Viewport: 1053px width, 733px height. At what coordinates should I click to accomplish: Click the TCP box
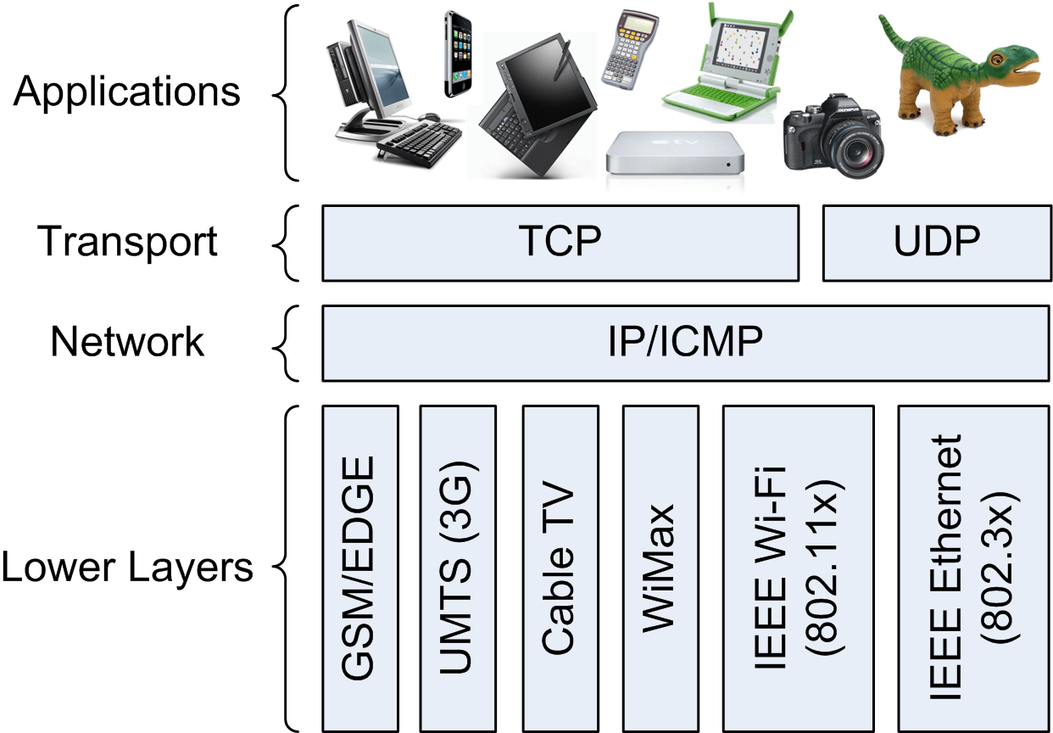click(x=560, y=243)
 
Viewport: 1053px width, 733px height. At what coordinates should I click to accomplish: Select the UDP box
click(x=937, y=243)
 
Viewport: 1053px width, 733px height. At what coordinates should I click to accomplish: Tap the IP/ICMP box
click(x=685, y=343)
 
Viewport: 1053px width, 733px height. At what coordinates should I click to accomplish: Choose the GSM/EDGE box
click(x=360, y=568)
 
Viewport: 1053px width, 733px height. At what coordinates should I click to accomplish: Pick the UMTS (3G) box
click(x=458, y=568)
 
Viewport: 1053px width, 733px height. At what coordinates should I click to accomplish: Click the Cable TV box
click(x=560, y=568)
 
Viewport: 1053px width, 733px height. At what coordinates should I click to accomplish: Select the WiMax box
click(x=660, y=568)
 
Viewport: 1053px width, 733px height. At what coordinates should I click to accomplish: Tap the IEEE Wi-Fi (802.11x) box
click(x=798, y=568)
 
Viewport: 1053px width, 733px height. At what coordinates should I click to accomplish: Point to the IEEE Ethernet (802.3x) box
click(x=973, y=568)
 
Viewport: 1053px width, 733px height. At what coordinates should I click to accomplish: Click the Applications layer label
click(x=127, y=92)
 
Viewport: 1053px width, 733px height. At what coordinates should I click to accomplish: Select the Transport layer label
click(x=127, y=242)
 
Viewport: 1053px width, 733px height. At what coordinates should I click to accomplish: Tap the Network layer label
click(x=127, y=342)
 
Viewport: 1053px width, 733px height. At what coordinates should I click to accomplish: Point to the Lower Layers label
click(x=127, y=568)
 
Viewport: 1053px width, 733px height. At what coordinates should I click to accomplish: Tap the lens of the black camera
click(x=856, y=152)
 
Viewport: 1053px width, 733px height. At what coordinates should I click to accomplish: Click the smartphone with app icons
click(x=457, y=54)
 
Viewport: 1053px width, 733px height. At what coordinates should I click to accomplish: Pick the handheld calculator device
click(x=629, y=50)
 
